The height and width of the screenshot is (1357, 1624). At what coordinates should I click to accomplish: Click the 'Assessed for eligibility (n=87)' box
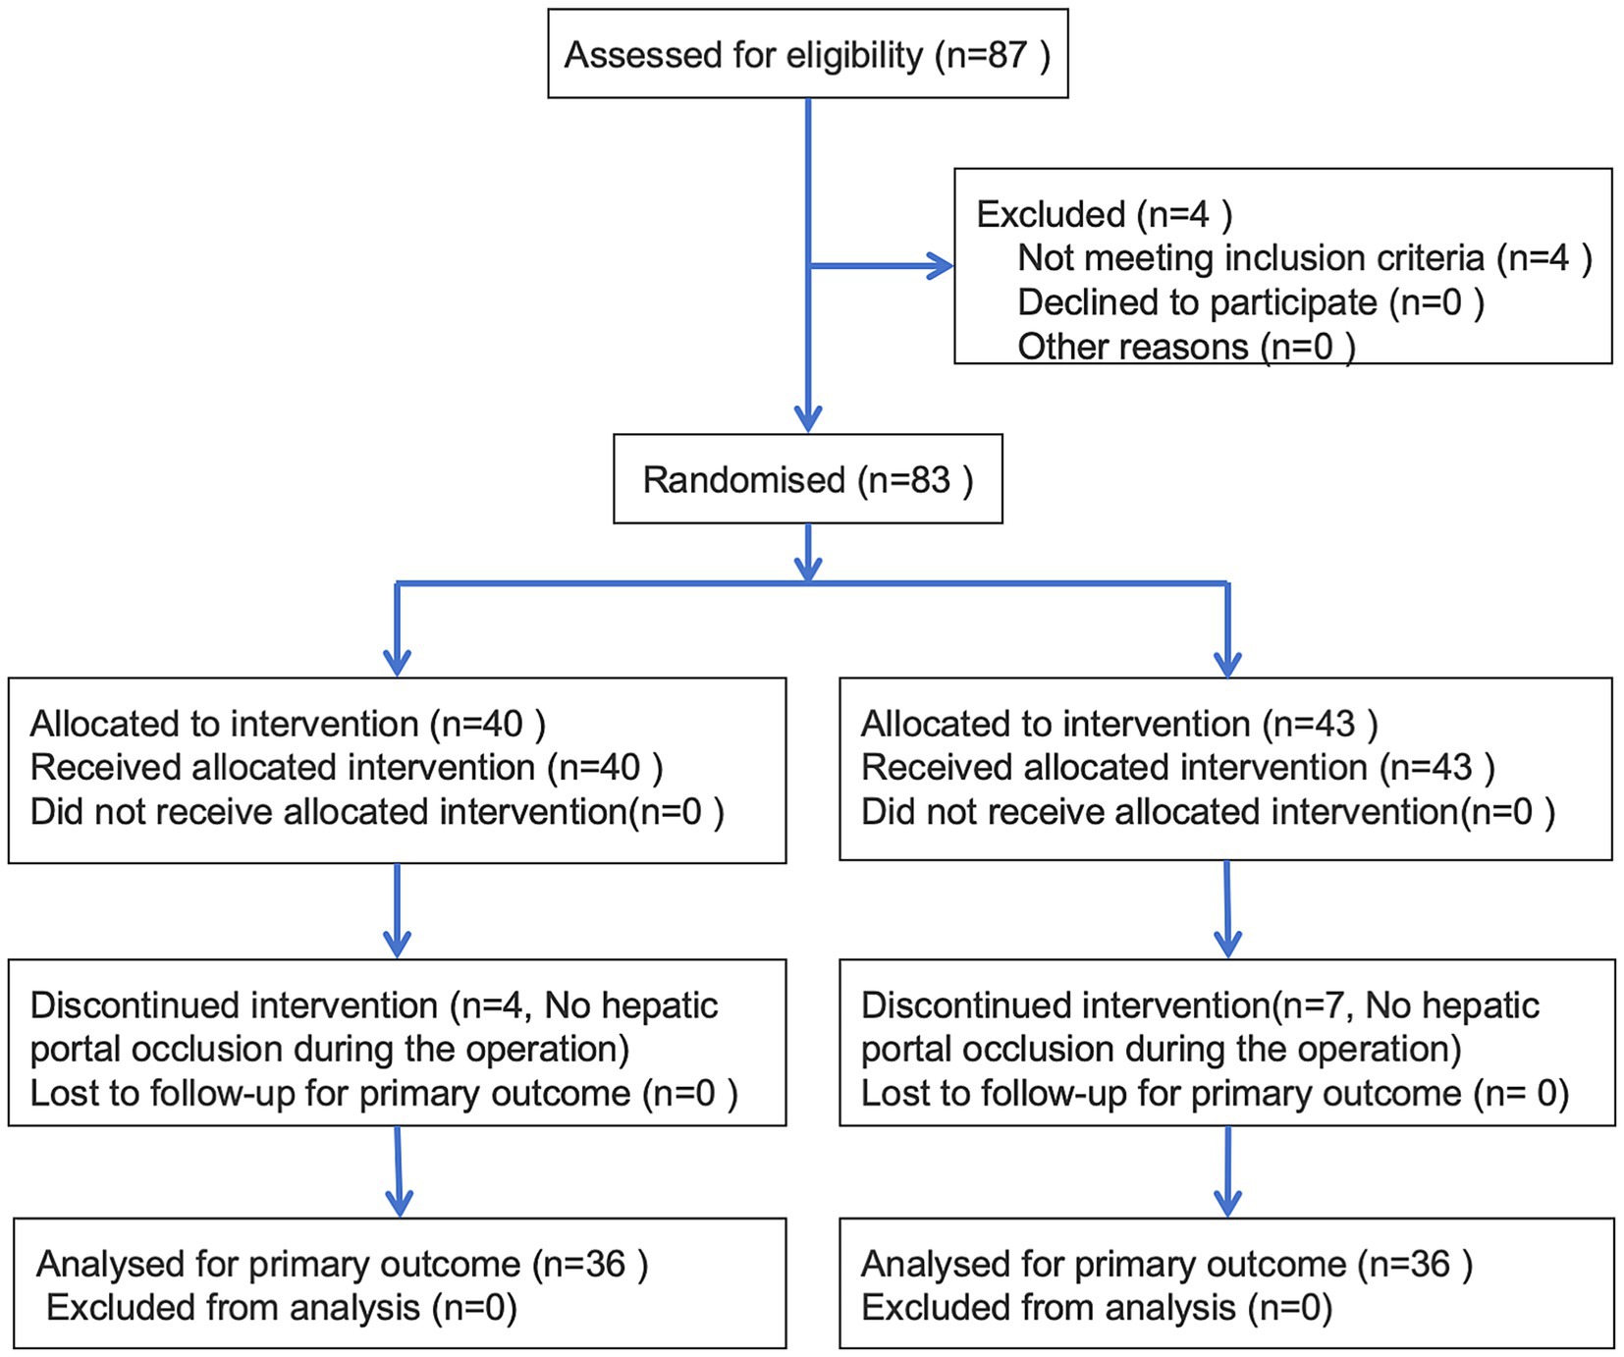tap(807, 55)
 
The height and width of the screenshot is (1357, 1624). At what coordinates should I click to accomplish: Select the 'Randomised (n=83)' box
tap(807, 480)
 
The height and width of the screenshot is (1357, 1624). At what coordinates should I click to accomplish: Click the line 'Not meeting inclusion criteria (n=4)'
tap(1304, 258)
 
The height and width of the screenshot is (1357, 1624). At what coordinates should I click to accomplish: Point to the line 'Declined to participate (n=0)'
tap(1250, 302)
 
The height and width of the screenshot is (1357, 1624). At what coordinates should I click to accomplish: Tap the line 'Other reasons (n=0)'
tap(1185, 347)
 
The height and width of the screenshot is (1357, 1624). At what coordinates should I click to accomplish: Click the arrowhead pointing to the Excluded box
tap(941, 266)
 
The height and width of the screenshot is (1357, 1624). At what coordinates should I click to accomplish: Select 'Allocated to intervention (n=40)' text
tap(288, 724)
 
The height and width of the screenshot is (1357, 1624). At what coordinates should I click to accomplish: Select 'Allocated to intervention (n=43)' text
tap(1119, 724)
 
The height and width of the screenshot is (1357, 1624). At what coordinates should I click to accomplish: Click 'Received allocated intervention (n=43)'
tap(1178, 768)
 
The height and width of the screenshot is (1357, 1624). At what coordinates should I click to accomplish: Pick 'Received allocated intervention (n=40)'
tap(347, 768)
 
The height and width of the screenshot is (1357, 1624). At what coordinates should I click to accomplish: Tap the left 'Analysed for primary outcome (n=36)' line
tap(342, 1265)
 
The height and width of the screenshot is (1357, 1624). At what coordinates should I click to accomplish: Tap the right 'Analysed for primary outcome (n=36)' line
tap(1166, 1265)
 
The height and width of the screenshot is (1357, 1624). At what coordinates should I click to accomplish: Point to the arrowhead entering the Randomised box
tap(807, 420)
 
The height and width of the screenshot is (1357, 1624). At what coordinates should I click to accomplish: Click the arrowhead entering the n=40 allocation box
tap(397, 664)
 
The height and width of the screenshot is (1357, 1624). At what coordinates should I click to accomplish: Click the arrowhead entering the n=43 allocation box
tap(1227, 664)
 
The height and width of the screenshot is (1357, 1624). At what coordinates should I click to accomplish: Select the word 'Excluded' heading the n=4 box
tap(1050, 215)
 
